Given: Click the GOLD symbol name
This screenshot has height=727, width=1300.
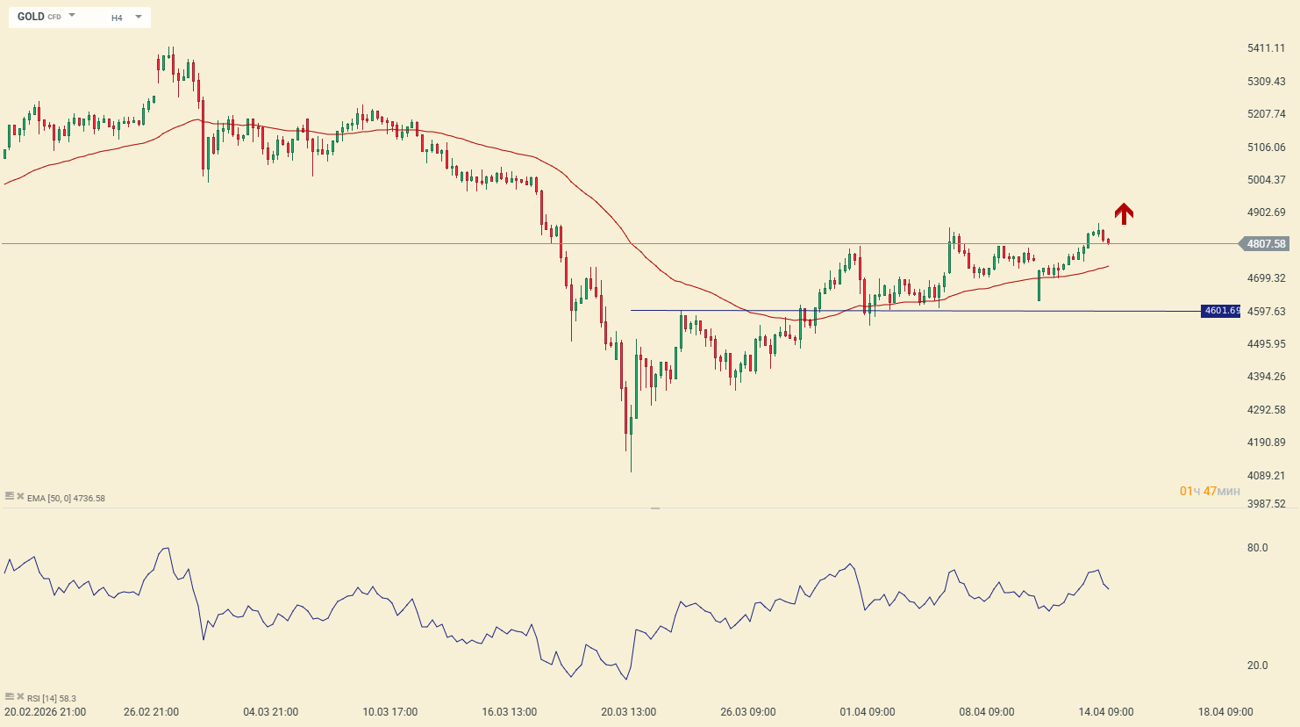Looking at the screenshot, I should point(31,17).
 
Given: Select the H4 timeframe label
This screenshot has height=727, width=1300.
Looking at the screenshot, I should point(117,18).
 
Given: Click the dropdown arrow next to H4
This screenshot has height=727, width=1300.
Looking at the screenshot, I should point(139,17).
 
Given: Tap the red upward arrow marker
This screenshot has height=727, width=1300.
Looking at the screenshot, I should point(1124,213).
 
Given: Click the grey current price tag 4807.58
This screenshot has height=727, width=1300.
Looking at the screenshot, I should point(1266,244).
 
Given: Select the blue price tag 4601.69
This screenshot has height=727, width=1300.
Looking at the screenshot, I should point(1221,311).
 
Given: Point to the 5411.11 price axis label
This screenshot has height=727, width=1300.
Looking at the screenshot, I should point(1266,48).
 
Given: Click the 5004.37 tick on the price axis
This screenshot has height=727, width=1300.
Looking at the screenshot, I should point(1266,180).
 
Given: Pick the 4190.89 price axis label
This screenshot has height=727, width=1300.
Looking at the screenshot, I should point(1266,443).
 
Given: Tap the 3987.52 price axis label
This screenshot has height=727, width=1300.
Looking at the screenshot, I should point(1266,504).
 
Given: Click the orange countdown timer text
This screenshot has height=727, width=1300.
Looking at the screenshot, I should point(1210,491).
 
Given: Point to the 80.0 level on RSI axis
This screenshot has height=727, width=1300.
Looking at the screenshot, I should point(1257,548).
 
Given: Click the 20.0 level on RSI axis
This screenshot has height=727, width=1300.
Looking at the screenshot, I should point(1257,666).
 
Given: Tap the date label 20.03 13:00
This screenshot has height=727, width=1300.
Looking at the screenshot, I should point(628,712).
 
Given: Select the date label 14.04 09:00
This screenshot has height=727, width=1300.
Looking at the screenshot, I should point(1105,712).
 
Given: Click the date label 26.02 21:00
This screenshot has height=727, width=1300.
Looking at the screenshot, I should point(151,712).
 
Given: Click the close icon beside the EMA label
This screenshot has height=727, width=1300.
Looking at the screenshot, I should point(20,497).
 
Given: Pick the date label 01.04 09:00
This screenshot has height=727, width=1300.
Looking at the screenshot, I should point(867,712).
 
